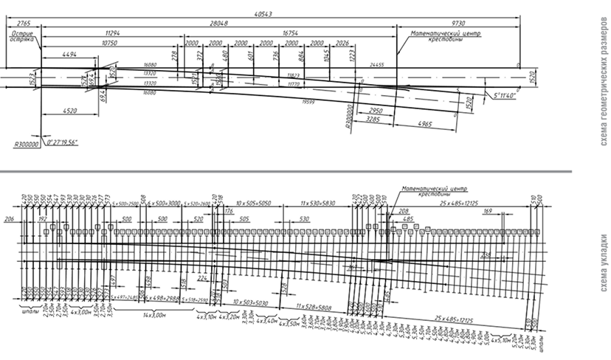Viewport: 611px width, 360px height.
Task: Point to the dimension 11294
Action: [x=112, y=33]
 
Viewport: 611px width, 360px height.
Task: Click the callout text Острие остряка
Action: [x=26, y=37]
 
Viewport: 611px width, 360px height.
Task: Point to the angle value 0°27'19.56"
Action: [x=63, y=140]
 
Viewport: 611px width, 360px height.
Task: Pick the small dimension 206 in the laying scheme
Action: [x=8, y=219]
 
